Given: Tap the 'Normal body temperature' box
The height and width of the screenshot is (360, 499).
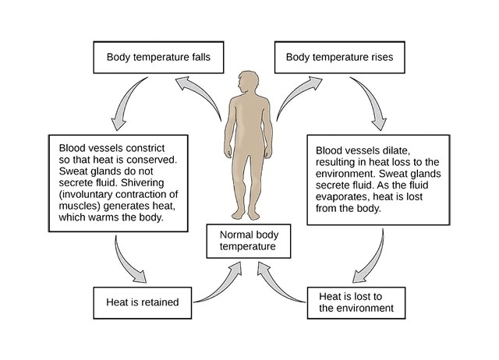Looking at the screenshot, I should pyautogui.click(x=249, y=240).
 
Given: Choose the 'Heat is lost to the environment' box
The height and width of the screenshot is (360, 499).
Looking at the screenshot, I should pyautogui.click(x=362, y=302).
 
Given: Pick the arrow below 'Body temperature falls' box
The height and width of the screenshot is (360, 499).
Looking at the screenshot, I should pyautogui.click(x=126, y=104).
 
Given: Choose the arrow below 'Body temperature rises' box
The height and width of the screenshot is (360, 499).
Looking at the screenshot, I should pyautogui.click(x=373, y=104).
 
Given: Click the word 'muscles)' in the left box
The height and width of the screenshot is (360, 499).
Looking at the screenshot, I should pyautogui.click(x=78, y=206).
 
